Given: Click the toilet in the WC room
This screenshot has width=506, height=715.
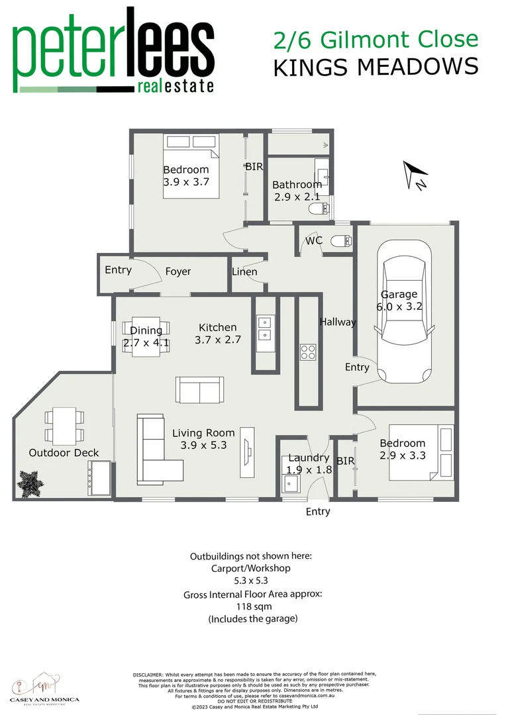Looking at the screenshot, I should click(x=340, y=240).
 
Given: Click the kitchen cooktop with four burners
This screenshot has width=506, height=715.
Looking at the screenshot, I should click(x=308, y=352).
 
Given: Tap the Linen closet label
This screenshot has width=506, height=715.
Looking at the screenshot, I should click(x=244, y=272).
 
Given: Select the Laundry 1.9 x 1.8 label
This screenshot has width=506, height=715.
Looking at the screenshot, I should click(x=309, y=463).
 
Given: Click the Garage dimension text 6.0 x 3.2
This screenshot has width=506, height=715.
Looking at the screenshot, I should click(x=399, y=307).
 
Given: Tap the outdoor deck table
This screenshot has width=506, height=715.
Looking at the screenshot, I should click(x=64, y=427).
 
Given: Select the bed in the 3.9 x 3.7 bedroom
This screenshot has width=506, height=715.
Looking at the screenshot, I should click(x=192, y=166).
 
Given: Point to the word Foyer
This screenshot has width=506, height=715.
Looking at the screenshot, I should click(x=177, y=271).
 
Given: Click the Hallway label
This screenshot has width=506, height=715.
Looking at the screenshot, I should click(x=337, y=322).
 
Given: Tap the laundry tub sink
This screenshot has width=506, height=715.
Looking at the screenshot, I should click(x=290, y=487).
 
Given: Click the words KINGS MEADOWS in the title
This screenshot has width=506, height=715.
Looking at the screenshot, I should click(x=375, y=67).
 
